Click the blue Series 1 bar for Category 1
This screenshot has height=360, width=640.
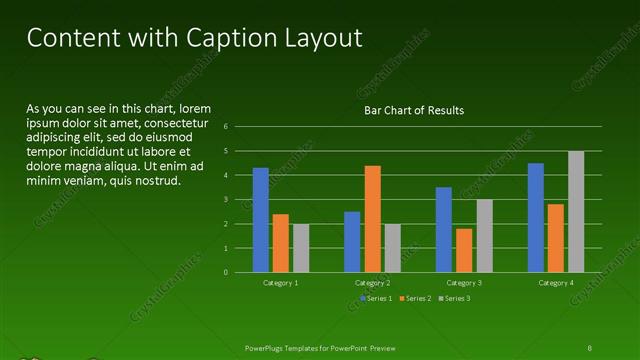tap(261, 220)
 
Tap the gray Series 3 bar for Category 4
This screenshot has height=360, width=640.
tap(576, 212)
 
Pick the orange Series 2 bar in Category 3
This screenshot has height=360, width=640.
tap(464, 250)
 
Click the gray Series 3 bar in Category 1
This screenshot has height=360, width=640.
tap(301, 248)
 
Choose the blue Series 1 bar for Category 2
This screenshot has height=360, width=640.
tap(352, 242)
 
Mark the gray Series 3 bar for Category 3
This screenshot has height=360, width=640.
tap(484, 236)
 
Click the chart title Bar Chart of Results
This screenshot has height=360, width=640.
tap(413, 110)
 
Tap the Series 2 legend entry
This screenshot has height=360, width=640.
tap(415, 299)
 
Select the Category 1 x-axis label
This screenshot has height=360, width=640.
tap(281, 283)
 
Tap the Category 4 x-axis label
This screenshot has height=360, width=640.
tap(556, 283)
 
